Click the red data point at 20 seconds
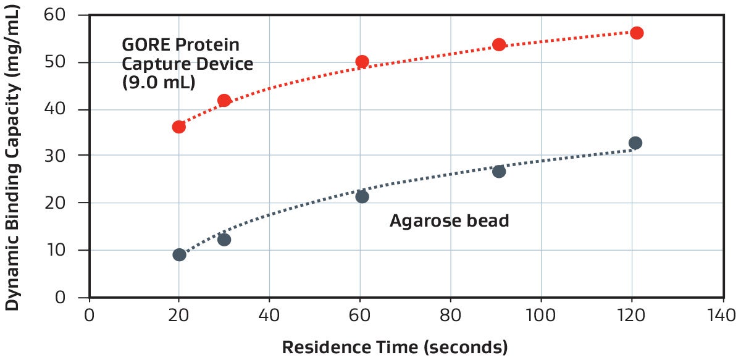coord(179,127)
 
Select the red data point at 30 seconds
coord(224,100)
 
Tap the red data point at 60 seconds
coord(362,61)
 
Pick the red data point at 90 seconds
coord(499,44)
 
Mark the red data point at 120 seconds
coord(637,33)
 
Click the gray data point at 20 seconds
coord(179,254)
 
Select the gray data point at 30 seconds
coord(224,240)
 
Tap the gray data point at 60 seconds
coord(362,196)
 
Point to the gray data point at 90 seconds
coord(499,171)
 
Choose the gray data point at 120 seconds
coord(635,143)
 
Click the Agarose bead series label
coord(449,220)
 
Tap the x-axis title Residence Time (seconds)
coord(395,346)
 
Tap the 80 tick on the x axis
coord(451,315)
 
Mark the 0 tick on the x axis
coord(90,315)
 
